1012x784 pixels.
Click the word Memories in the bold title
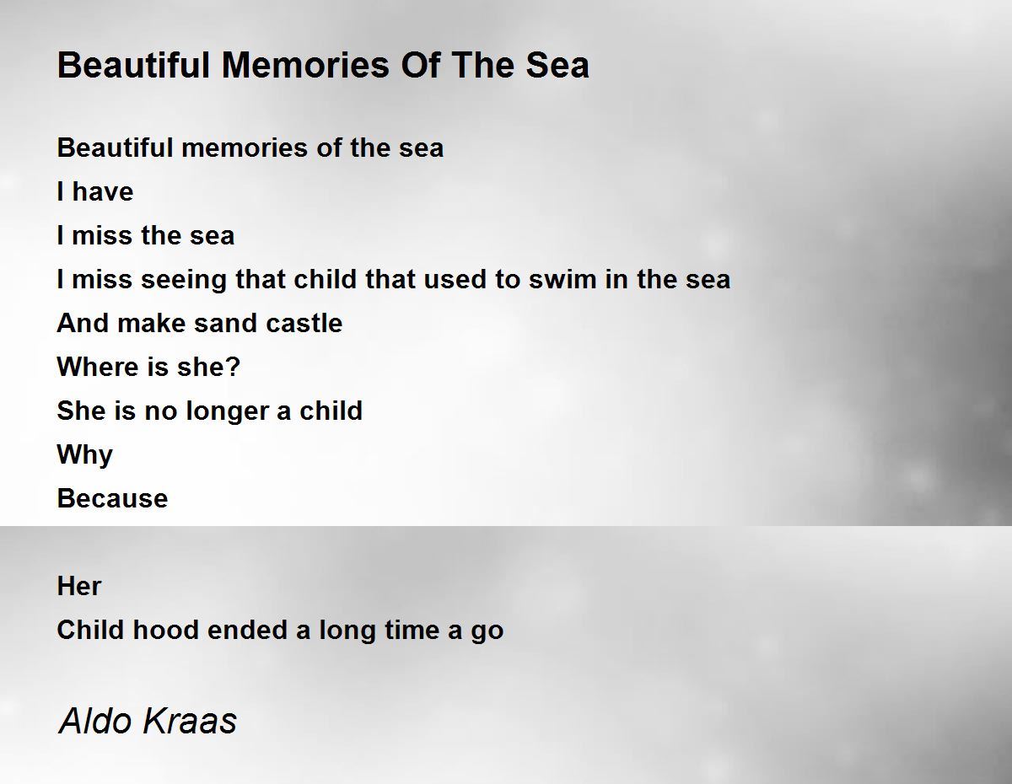tap(305, 65)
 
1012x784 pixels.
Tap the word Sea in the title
tap(557, 65)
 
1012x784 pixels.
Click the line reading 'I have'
tap(95, 191)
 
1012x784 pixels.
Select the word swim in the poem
tap(563, 279)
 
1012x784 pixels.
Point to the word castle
tap(304, 323)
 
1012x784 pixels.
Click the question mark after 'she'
tap(234, 367)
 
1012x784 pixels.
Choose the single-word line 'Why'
tap(85, 455)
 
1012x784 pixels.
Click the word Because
tap(112, 498)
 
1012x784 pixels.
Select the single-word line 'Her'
tap(78, 586)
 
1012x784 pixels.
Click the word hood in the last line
tap(166, 630)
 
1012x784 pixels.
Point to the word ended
tap(247, 630)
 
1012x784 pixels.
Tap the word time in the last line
tap(412, 630)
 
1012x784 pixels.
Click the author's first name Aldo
tap(95, 721)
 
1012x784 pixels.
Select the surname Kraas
tap(190, 721)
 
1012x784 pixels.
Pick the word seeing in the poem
tap(184, 280)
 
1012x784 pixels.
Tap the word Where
tap(98, 367)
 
